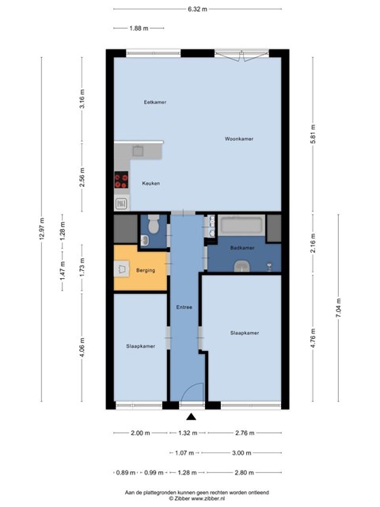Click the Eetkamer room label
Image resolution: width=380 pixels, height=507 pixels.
click(x=155, y=102)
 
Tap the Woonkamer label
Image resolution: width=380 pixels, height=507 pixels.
click(x=239, y=139)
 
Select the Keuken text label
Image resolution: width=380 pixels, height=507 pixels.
click(x=151, y=183)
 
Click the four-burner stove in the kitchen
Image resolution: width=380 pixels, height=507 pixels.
click(x=121, y=180)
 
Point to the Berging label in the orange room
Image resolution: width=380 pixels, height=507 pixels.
click(x=146, y=270)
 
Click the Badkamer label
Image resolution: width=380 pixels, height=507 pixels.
click(x=242, y=248)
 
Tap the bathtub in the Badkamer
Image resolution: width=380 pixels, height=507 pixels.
click(x=241, y=225)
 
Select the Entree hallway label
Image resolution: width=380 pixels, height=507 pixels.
click(x=184, y=307)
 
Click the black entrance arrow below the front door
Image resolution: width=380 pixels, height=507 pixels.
click(x=192, y=417)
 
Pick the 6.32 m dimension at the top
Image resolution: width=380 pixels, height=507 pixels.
click(x=197, y=9)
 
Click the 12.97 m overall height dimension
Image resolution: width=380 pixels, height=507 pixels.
click(x=41, y=229)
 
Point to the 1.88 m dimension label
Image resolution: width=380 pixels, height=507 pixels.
click(x=139, y=29)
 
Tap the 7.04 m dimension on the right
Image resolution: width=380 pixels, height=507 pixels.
click(x=339, y=307)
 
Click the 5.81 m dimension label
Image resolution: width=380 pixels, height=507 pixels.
click(x=313, y=134)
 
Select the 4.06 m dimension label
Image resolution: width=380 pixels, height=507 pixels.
click(x=82, y=348)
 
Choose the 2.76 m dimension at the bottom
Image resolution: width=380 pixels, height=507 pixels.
click(x=245, y=433)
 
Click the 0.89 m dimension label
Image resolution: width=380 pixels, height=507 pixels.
click(x=126, y=473)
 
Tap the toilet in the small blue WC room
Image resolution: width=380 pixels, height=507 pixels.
click(x=153, y=223)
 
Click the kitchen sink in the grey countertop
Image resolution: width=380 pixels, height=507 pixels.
click(x=139, y=151)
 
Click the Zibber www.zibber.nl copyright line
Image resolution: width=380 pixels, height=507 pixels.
click(x=197, y=498)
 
